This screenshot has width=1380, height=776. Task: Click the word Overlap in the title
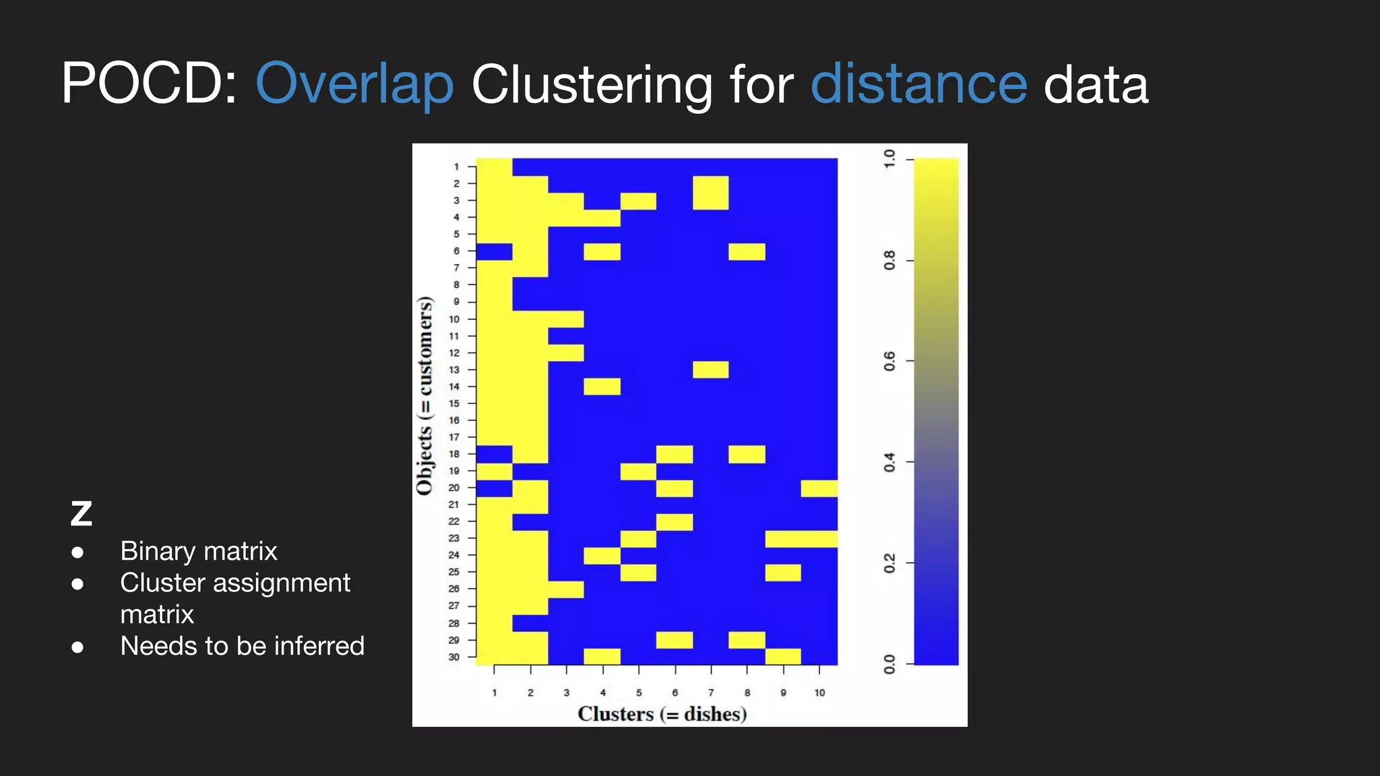[x=354, y=85]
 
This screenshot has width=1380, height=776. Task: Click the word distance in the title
[x=918, y=84]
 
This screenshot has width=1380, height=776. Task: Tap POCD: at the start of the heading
[x=149, y=84]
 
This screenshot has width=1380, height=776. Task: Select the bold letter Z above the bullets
[x=82, y=514]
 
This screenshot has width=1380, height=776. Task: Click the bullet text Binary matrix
[x=199, y=551]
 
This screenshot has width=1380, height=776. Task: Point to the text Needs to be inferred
[x=242, y=646]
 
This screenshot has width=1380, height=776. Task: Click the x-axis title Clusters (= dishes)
[x=662, y=714]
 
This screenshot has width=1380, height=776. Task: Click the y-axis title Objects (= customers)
[x=425, y=395]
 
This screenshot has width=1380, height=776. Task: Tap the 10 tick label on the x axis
[x=819, y=692]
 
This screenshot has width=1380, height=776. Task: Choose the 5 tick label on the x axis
[x=639, y=692]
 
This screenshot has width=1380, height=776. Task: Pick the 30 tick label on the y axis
[x=454, y=657]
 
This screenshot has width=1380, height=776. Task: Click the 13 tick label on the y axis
[x=454, y=370]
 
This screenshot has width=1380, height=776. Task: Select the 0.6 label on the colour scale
[x=889, y=361]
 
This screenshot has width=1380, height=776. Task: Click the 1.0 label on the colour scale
[x=889, y=160]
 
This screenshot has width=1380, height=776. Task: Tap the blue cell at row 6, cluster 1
[x=494, y=251]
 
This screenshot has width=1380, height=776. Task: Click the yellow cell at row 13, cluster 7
[x=711, y=370]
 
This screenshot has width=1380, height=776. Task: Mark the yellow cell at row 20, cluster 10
[x=819, y=488]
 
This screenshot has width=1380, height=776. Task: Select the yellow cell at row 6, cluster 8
[x=747, y=251]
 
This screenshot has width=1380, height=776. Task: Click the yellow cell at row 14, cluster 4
[x=602, y=387]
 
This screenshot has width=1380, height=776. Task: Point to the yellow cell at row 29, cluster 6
[x=675, y=640]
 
